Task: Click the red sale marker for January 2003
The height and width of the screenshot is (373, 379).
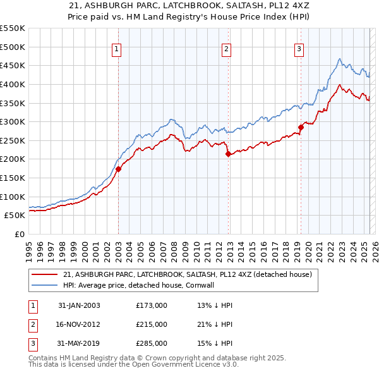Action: [118, 169]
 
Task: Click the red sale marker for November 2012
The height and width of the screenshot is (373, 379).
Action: [227, 154]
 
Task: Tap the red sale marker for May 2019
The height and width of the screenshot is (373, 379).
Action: [301, 127]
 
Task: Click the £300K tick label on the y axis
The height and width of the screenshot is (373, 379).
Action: [13, 121]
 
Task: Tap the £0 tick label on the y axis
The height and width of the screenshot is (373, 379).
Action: [19, 234]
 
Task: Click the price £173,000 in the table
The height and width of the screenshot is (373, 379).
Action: [151, 305]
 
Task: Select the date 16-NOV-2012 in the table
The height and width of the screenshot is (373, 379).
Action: [79, 324]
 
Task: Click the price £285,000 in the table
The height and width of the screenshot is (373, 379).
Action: [151, 343]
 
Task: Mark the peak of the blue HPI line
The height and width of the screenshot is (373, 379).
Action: [339, 59]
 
